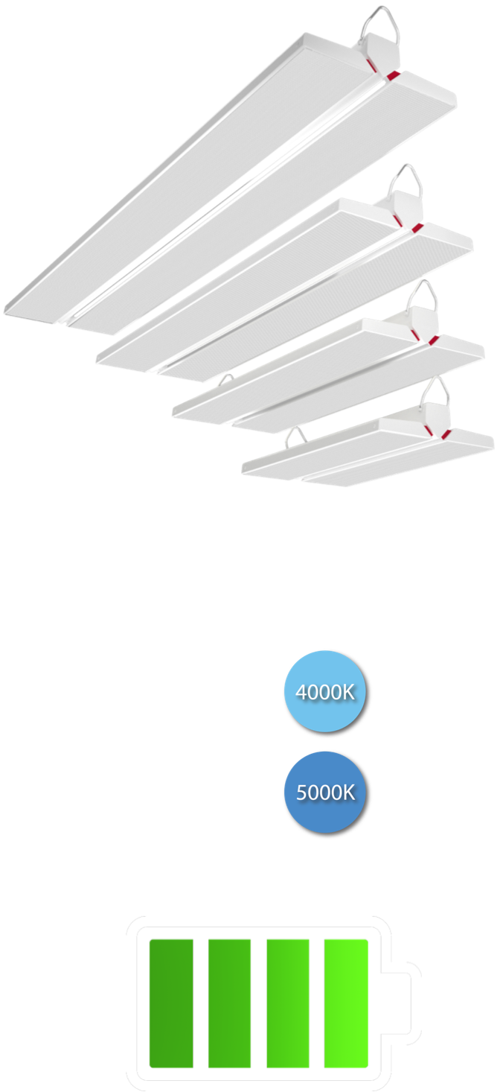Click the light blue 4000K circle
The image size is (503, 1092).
click(324, 691)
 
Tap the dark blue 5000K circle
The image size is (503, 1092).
click(324, 792)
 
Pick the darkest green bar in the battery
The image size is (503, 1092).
click(171, 1003)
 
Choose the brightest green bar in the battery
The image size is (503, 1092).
click(346, 1003)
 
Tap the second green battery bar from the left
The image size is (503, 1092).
click(229, 1003)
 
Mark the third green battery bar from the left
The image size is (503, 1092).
click(288, 1003)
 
